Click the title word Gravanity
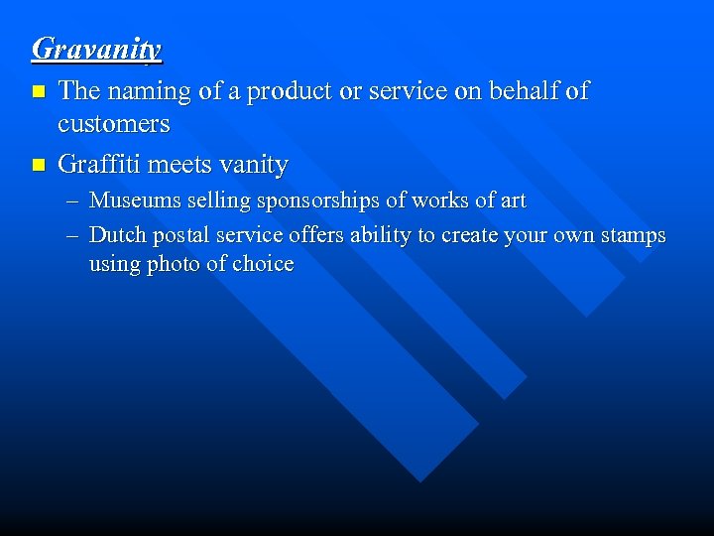pos(96,49)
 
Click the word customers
pos(114,125)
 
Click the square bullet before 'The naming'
pos(39,91)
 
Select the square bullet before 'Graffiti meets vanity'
pos(39,164)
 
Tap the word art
pos(513,201)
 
